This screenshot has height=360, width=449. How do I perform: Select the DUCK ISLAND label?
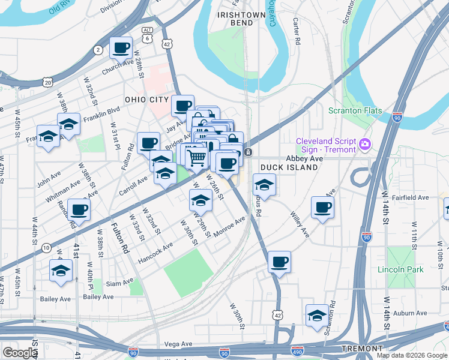pyautogui.click(x=288, y=167)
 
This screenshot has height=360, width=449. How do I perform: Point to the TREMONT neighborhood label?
pyautogui.click(x=362, y=349)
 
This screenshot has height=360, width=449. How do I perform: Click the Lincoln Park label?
pyautogui.click(x=400, y=269)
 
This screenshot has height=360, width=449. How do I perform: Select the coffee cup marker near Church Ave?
pyautogui.click(x=121, y=47)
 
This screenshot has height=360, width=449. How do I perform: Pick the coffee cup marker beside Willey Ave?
pyautogui.click(x=322, y=208)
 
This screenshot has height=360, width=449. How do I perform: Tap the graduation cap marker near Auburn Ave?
pyautogui.click(x=317, y=316)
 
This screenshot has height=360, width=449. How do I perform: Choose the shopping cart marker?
pyautogui.click(x=197, y=158)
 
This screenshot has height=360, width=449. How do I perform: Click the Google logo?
pyautogui.click(x=20, y=352)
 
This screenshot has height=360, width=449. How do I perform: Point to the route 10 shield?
pyautogui.click(x=46, y=247)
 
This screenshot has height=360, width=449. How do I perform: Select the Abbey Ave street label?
pyautogui.click(x=304, y=158)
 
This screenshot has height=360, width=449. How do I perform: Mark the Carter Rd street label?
pyautogui.click(x=296, y=31)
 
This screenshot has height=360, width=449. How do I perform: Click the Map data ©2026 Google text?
pyautogui.click(x=412, y=355)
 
